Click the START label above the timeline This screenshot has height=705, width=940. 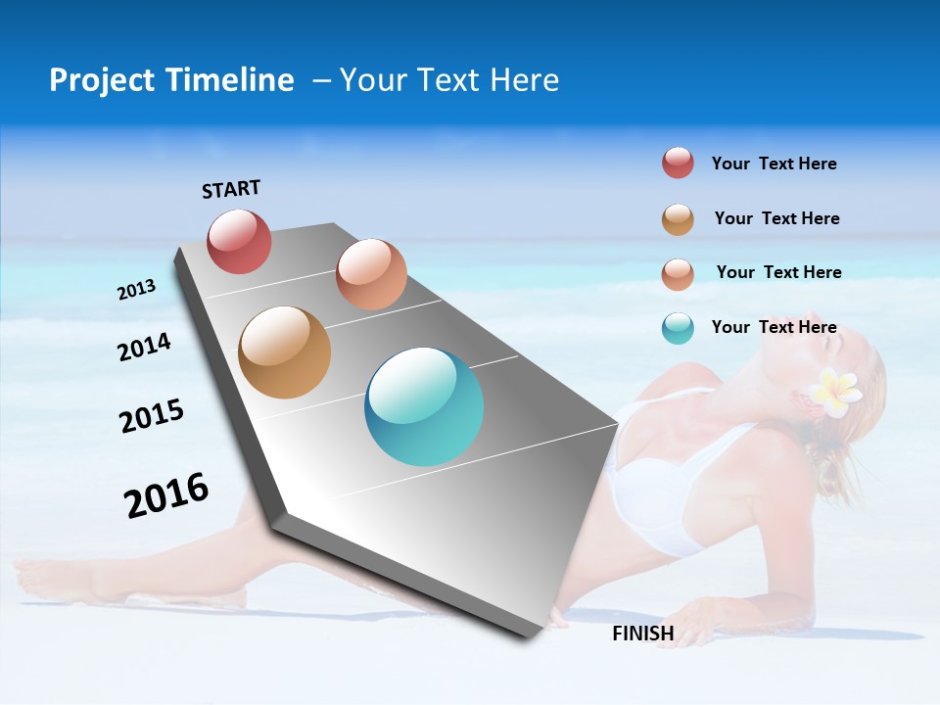(231, 189)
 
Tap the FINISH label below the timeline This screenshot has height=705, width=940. (642, 633)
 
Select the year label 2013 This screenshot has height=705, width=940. (136, 290)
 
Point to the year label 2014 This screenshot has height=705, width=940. (144, 347)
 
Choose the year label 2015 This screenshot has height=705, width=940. (151, 416)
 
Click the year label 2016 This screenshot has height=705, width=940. (166, 495)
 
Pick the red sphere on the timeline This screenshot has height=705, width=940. (239, 241)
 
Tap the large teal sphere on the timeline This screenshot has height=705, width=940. (424, 406)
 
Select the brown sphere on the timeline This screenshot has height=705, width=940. (284, 352)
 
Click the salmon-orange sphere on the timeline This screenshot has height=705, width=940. (371, 274)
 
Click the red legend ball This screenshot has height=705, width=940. (678, 164)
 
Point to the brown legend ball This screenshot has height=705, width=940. (678, 219)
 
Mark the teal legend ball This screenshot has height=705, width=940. (678, 328)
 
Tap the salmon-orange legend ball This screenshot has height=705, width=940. (678, 273)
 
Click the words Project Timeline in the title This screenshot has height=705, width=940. (171, 80)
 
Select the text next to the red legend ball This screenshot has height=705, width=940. (774, 164)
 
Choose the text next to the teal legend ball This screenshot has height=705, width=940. (774, 327)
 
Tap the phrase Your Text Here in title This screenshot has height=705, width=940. (449, 80)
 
